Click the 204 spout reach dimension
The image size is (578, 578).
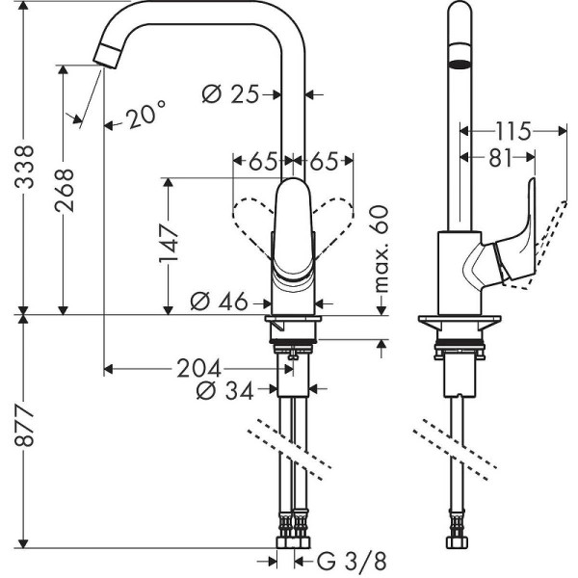coord(197,368)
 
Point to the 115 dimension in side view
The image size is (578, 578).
coord(510,129)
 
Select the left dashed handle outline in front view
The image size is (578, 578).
coord(252,216)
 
